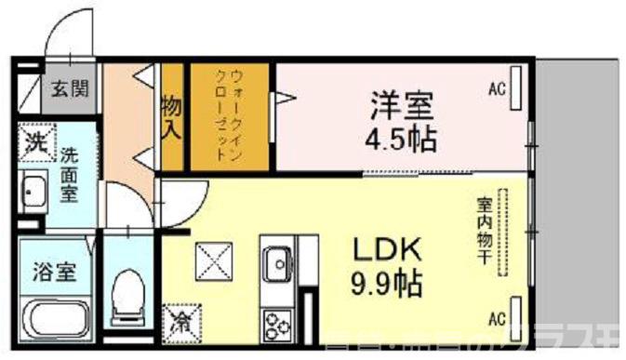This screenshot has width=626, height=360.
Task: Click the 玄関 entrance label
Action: (x=70, y=90)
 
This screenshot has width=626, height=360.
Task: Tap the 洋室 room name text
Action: (x=400, y=103)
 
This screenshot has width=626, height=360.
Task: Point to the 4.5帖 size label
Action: (x=401, y=140)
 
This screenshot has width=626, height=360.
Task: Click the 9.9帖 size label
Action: (x=388, y=280)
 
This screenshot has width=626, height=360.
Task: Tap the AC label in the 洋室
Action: (x=497, y=90)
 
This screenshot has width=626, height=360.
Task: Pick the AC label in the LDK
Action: (x=497, y=314)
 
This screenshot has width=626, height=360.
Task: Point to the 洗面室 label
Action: (x=69, y=174)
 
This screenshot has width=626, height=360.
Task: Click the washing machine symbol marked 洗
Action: (x=34, y=143)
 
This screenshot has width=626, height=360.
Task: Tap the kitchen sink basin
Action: (x=276, y=266)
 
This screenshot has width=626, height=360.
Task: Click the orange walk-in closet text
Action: (x=229, y=115)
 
